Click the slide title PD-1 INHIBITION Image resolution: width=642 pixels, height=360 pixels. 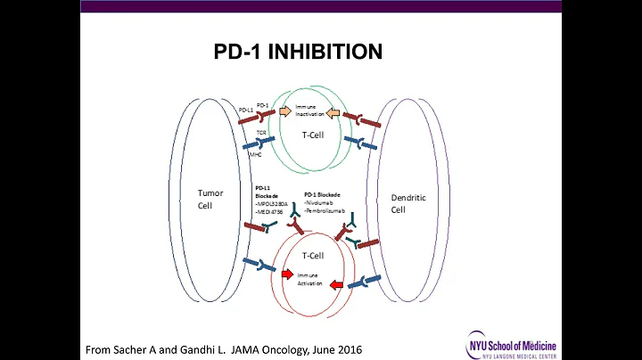click(299, 53)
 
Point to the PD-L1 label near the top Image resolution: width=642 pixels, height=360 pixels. click(245, 110)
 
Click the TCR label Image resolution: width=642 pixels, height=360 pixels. click(261, 132)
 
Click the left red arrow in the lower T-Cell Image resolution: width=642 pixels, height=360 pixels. click(287, 274)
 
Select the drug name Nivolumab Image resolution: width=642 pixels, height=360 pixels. click(321, 201)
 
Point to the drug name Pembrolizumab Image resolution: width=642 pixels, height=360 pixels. click(326, 210)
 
